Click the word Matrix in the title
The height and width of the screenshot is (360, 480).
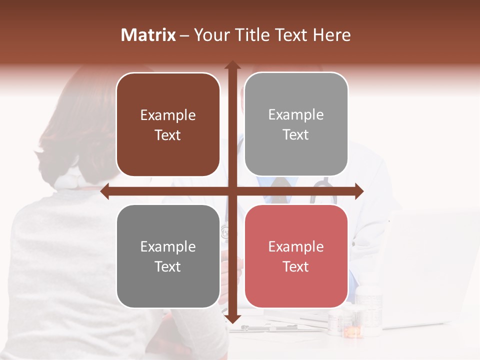148,35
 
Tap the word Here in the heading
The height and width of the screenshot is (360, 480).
331,35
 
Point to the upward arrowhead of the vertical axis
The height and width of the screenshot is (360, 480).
232,65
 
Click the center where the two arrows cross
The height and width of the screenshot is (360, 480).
232,191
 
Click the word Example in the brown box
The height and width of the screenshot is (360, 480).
168,115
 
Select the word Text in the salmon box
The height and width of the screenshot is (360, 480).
296,266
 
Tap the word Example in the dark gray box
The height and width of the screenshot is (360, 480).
168,247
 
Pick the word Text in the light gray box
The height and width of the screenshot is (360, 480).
296,135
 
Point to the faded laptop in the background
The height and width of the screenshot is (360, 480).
430,270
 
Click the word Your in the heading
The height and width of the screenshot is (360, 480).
210,35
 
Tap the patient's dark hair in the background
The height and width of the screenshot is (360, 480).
75,125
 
